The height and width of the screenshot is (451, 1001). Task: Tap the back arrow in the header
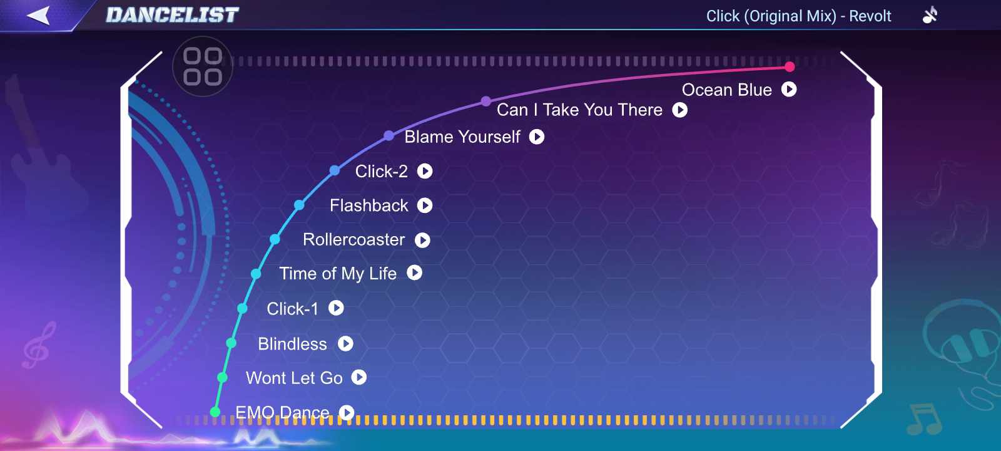[38, 16]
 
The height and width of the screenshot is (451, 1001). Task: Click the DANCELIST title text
[173, 15]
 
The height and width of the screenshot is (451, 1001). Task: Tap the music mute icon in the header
[930, 15]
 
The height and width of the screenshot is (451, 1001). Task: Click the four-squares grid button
[203, 66]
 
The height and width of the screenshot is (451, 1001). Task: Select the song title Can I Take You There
[579, 110]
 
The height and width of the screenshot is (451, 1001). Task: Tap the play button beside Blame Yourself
[537, 137]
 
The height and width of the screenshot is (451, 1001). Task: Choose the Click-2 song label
[381, 172]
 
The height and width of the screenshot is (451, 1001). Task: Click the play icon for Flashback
[425, 205]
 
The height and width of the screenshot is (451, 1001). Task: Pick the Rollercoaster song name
[353, 240]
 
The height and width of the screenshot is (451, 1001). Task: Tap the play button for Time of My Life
[414, 272]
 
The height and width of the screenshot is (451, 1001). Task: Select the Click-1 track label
[292, 309]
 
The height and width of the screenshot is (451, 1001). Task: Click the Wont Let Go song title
[294, 378]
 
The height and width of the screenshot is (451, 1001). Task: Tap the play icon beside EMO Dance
[347, 412]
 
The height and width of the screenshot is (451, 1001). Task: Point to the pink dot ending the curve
[790, 66]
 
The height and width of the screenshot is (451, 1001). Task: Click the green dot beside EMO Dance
[215, 412]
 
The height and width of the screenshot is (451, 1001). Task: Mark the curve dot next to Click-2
[334, 170]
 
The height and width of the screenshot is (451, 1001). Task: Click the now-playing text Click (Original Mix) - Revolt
[798, 16]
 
